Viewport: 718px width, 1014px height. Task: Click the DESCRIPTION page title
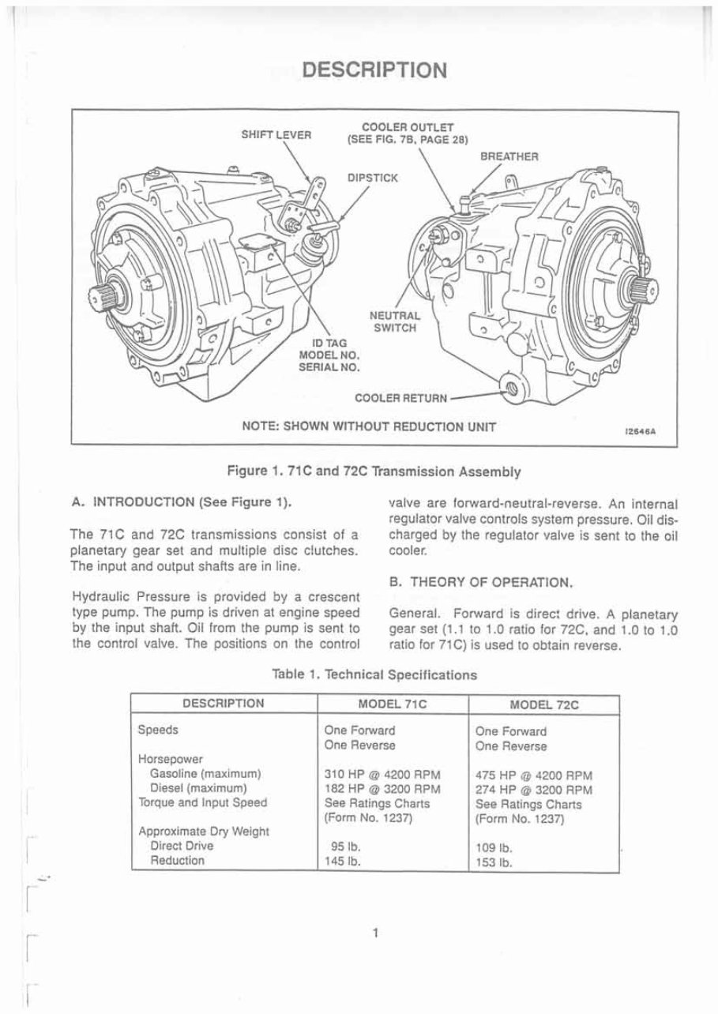[375, 70]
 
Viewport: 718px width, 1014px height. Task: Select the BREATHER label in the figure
[509, 156]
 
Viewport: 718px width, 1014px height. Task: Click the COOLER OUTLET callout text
[408, 133]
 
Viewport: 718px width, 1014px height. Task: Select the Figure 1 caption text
[374, 471]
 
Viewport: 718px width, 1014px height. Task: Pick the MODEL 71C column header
[392, 704]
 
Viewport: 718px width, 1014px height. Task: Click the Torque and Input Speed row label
[202, 803]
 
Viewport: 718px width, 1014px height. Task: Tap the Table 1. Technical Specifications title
[374, 674]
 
